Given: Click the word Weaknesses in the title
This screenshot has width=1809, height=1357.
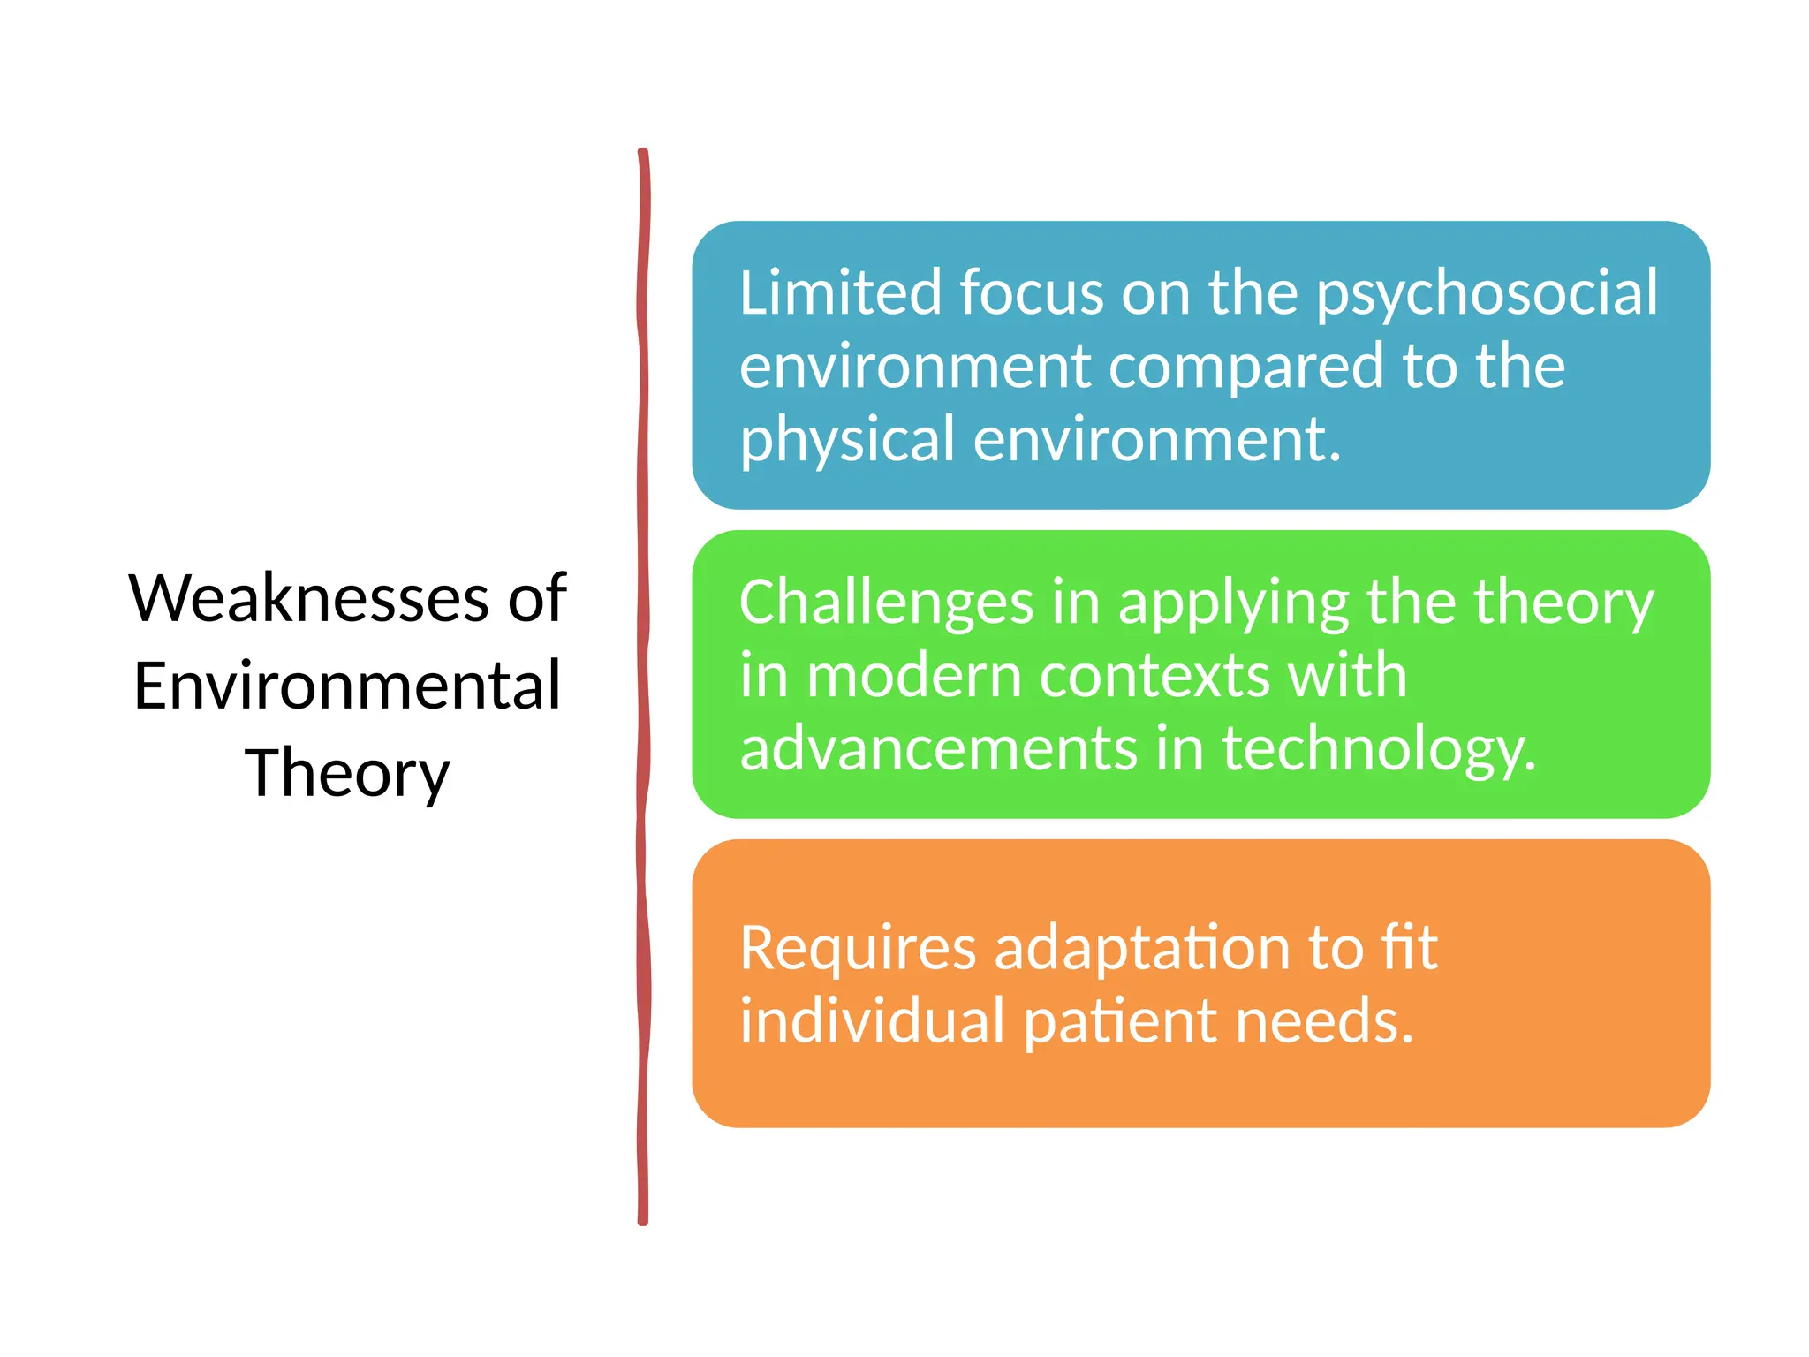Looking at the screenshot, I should coord(309,598).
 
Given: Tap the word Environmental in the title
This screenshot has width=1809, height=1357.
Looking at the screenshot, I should coord(347,686).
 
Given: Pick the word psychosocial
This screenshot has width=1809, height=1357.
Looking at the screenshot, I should coord(1487,294).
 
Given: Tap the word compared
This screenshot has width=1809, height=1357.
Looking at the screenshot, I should coord(1246,368).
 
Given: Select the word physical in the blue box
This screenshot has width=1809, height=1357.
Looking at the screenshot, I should coord(848,440).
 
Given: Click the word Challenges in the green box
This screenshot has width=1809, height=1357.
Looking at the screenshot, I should coord(886,603).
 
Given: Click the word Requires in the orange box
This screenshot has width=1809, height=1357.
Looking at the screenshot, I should coord(858,949).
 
